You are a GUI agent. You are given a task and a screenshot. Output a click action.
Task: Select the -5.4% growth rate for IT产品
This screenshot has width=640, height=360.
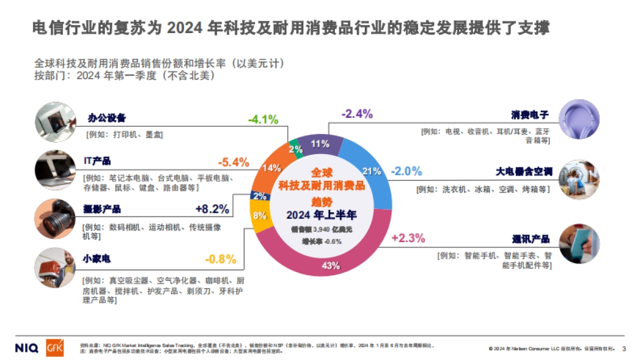(234, 162)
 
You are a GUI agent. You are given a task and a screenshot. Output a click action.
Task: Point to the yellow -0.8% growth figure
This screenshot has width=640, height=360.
(220, 260)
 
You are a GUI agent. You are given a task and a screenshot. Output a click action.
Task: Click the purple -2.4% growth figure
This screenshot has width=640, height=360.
(357, 114)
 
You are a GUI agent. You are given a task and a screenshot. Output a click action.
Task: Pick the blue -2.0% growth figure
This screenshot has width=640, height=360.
(406, 171)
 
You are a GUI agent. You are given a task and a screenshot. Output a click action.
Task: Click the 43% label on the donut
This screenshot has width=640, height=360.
(331, 266)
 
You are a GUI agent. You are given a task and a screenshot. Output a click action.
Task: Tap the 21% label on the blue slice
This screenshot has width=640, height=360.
(371, 171)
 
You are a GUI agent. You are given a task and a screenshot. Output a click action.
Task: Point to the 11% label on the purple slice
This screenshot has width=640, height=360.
(319, 143)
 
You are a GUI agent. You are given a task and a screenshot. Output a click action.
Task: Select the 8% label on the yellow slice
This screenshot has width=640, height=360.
(260, 216)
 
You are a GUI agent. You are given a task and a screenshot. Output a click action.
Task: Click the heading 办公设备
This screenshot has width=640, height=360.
(107, 118)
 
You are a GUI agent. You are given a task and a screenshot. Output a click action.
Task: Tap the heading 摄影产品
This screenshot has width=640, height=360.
(102, 209)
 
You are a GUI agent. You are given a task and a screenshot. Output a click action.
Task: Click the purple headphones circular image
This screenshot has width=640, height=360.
(579, 119)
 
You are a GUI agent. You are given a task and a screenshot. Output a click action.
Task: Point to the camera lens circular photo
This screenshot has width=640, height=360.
(54, 219)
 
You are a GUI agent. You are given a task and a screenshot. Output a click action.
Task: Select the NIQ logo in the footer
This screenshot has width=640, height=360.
(26, 347)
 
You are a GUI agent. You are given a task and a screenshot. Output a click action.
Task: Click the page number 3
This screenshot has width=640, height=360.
(624, 349)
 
